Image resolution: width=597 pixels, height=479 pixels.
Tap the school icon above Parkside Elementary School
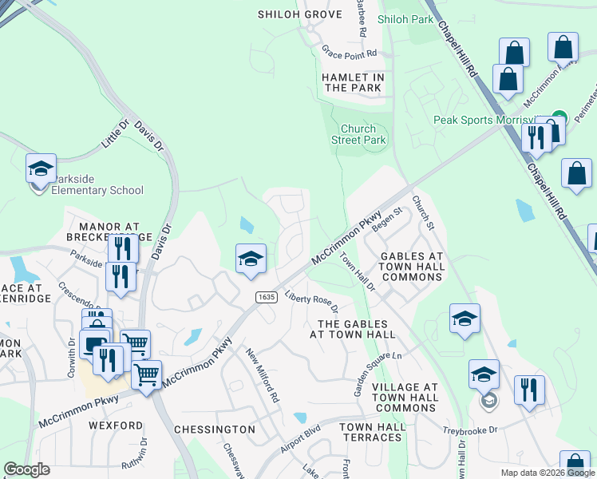pos(41,168)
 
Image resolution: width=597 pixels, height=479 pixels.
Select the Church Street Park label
pos(363,134)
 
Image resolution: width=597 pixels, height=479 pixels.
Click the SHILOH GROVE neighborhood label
pos(299,14)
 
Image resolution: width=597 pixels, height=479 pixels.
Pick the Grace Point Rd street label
pos(349,51)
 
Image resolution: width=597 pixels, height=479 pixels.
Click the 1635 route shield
pos(267,297)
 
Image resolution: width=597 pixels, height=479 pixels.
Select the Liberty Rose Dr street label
pos(312,303)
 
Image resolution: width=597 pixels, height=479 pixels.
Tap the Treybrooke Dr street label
pos(470,430)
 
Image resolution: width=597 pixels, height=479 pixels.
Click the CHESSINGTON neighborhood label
pos(215,430)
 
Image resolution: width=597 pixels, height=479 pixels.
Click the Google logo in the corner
pos(26,469)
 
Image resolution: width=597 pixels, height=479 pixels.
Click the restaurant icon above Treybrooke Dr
pos(529,390)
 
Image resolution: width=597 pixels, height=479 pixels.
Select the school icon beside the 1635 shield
pos(251,259)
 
